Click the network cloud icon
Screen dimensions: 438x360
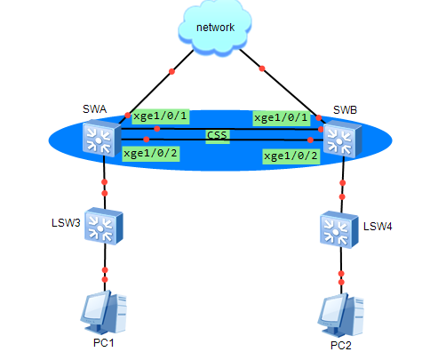point(215,28)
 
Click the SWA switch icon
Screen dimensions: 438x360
point(102,138)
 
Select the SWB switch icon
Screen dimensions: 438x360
point(343,139)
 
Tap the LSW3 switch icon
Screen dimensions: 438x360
point(104,226)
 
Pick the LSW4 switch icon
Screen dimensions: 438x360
point(339,229)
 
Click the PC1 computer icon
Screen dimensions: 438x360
point(104,312)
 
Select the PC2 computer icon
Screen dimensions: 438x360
point(341,315)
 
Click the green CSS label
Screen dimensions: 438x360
point(218,136)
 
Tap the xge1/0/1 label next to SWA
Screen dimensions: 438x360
point(160,116)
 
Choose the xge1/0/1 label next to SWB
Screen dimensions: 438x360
point(282,118)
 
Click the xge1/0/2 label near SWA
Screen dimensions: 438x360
point(150,154)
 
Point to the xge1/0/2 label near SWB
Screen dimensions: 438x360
point(291,156)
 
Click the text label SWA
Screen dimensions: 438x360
point(94,109)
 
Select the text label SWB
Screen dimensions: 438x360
point(345,110)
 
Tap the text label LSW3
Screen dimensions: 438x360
point(66,223)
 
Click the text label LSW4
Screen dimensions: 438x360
point(378,227)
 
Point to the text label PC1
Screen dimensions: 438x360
point(103,343)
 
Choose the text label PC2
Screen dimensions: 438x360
point(341,346)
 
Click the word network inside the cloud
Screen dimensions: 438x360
point(215,28)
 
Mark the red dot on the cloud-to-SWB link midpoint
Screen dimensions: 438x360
point(262,68)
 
